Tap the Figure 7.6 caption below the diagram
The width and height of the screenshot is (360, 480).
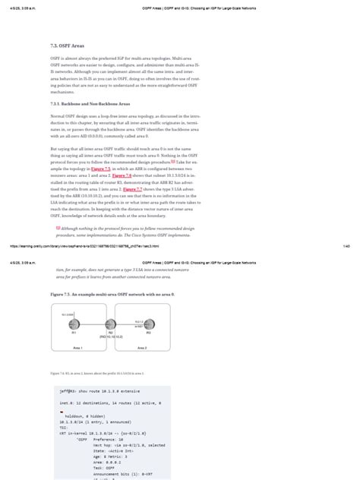(96, 374)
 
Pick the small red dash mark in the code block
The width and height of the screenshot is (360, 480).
(61, 411)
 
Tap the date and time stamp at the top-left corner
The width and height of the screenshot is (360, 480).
(22, 5)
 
